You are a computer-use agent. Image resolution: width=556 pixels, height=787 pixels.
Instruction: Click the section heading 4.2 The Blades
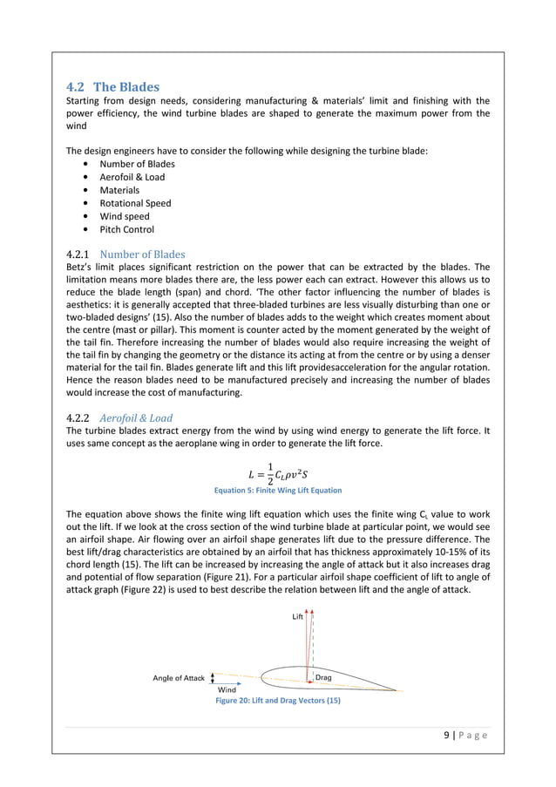coord(113,87)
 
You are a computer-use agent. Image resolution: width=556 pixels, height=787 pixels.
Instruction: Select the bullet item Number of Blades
coord(137,164)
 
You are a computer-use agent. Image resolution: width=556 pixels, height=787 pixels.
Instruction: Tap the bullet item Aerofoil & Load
coord(132,177)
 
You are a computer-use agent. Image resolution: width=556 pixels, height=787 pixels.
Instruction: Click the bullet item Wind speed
coord(125,216)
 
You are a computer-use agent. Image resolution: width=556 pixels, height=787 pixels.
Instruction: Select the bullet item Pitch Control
coord(127,229)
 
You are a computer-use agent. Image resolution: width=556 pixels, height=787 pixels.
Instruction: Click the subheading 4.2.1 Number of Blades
coord(125,254)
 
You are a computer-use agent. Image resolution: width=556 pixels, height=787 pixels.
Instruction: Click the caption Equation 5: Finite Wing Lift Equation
coord(278,491)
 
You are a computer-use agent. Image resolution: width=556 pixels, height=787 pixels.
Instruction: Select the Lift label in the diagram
coord(297,616)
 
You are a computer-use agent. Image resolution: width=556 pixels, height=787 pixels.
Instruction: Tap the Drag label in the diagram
coord(322,676)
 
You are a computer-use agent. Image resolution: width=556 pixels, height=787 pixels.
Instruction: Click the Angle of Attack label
coord(179,677)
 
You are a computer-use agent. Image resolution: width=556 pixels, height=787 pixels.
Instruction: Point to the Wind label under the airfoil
coord(227,689)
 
